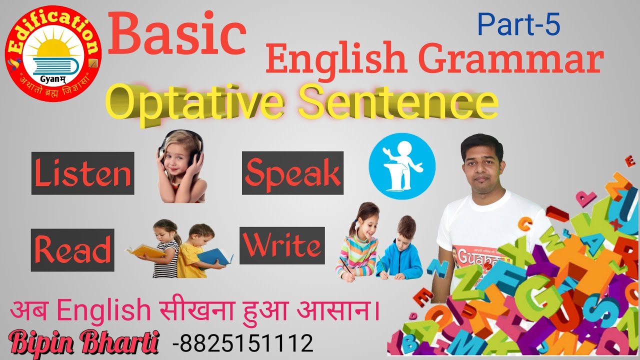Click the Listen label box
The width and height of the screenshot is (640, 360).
pos(83,173)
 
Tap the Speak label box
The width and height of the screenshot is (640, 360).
pos(292,173)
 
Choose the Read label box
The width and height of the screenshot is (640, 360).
pos(72,249)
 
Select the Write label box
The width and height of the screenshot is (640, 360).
pos(282,245)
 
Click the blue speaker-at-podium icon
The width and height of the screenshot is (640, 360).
pos(402,166)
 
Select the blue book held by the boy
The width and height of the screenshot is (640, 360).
pos(215,255)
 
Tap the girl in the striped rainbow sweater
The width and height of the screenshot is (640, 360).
pos(357,245)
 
